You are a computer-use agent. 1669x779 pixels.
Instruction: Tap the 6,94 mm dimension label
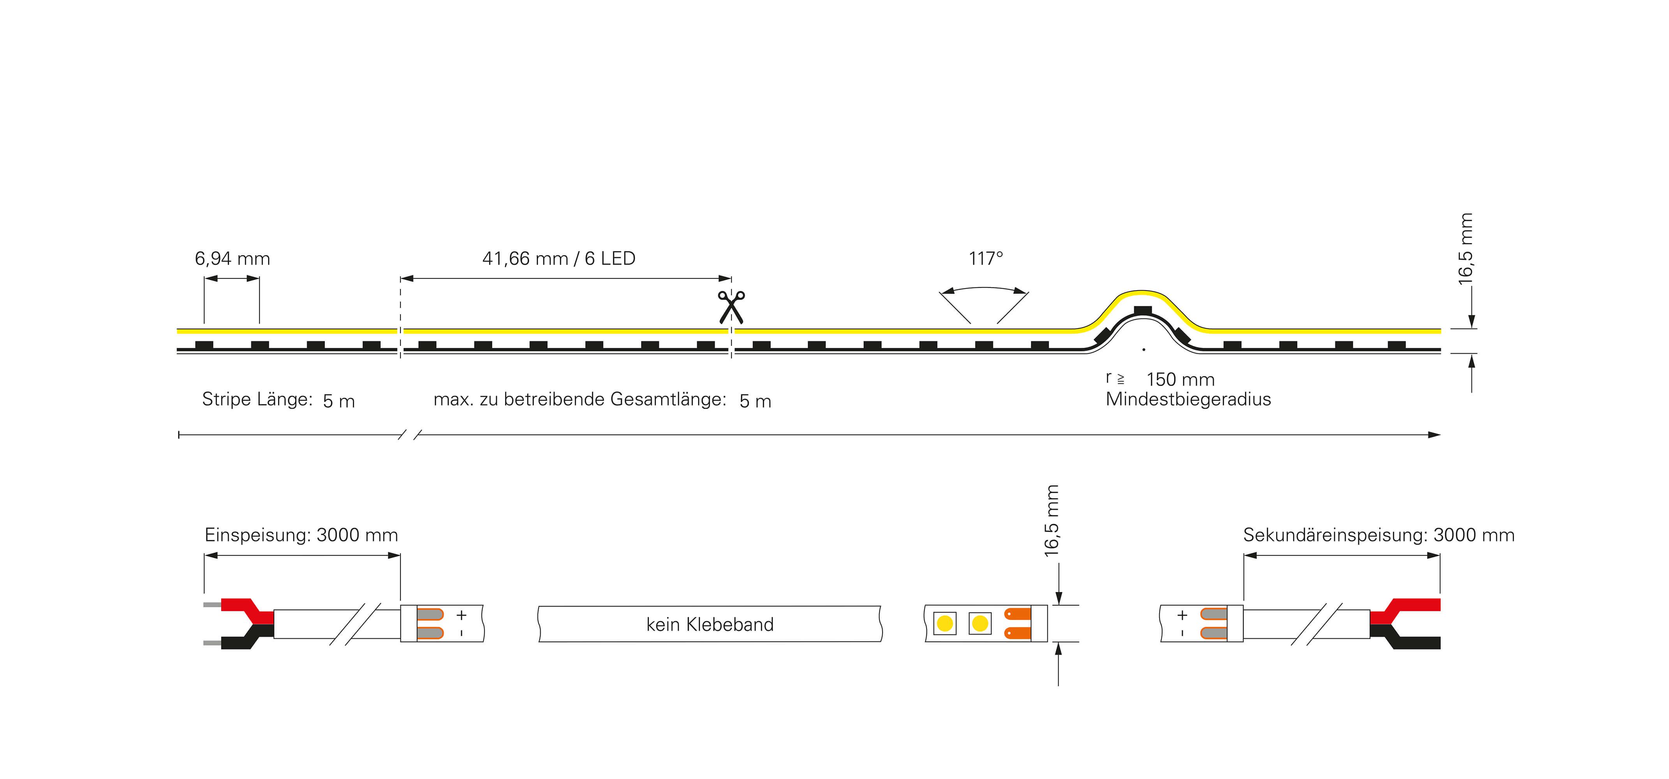point(233,259)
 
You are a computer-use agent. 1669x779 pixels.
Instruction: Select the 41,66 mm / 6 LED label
point(559,259)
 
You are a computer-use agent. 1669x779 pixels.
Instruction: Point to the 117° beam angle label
point(985,259)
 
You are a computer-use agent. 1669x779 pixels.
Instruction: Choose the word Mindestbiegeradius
point(1188,399)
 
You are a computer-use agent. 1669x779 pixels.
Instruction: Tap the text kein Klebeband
point(710,624)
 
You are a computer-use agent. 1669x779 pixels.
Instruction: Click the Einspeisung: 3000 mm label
point(301,535)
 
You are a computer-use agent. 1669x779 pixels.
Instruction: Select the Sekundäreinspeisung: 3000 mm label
point(1379,535)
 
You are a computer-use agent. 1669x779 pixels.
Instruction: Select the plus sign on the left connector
point(461,614)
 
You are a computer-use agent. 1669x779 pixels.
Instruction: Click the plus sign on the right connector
point(1183,614)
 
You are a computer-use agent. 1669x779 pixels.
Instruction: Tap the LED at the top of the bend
point(1143,310)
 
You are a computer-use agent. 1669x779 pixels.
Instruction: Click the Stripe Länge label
point(257,399)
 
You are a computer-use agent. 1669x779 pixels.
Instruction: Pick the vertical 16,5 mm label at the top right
point(1466,249)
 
